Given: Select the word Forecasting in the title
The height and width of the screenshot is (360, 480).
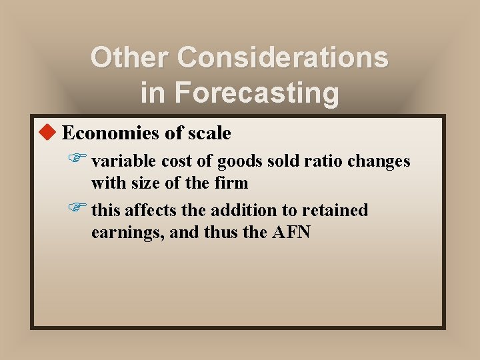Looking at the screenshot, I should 257,93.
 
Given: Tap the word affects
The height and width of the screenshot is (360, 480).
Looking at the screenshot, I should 150,211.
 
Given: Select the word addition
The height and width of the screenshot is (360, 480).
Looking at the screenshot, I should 239,211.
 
